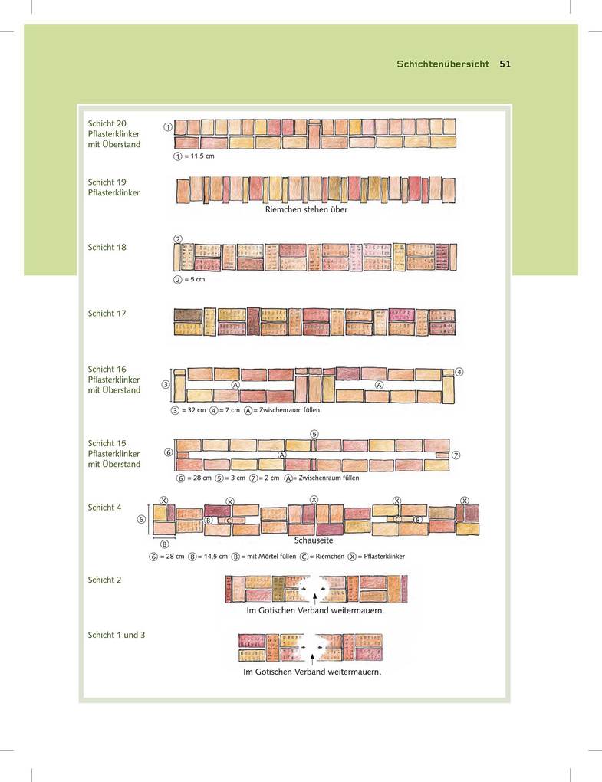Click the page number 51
(505, 64)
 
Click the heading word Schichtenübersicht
(443, 64)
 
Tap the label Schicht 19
(107, 182)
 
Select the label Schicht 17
(107, 314)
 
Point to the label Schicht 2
(104, 580)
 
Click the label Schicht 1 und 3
(117, 635)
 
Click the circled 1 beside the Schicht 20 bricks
(168, 127)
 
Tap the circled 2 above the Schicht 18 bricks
(178, 239)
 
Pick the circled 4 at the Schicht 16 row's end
(459, 372)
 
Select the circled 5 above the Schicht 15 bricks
(314, 434)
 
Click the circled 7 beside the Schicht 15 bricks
(456, 455)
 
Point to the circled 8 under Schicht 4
(164, 544)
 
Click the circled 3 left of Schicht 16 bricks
(166, 385)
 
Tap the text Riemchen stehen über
(306, 209)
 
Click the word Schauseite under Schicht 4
(314, 540)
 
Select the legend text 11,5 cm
(202, 156)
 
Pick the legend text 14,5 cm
(216, 556)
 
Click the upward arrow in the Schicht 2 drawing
(314, 599)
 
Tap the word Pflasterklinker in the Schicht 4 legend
(384, 556)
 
